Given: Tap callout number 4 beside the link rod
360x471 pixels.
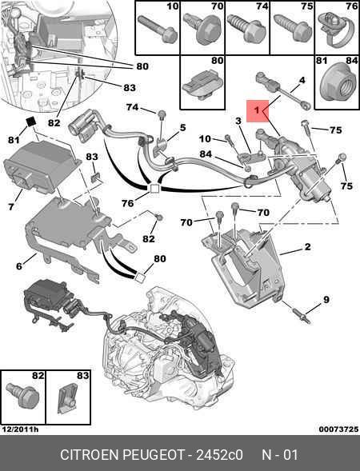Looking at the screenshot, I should click(x=302, y=80).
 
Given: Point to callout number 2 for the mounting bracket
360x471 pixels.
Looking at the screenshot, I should click(x=306, y=249).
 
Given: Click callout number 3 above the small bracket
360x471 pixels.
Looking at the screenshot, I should click(x=238, y=121).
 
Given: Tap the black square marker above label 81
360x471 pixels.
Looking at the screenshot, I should click(x=30, y=122).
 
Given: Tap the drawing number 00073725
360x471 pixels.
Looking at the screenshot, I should click(x=337, y=429).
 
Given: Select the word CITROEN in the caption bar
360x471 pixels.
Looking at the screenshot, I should click(x=89, y=455).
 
